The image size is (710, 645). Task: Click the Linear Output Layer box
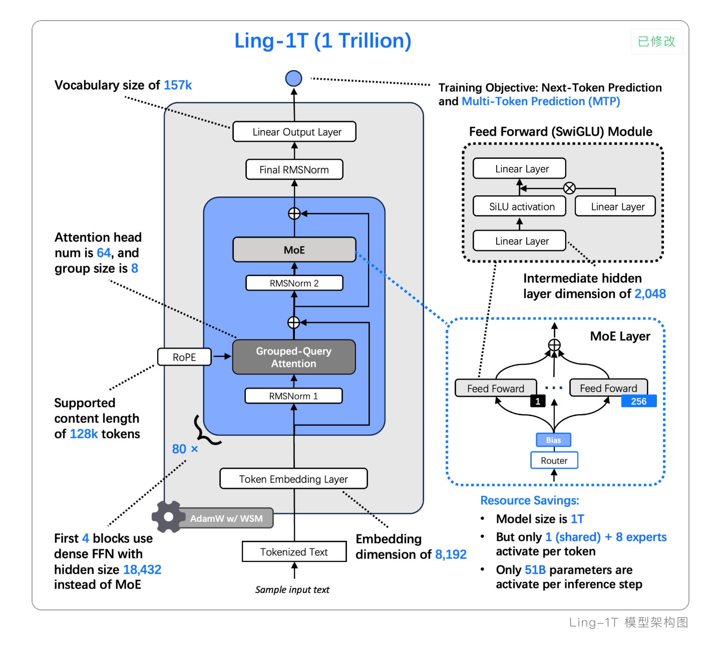tap(294, 132)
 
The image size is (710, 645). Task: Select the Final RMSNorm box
tap(294, 170)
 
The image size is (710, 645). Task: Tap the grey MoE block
tap(294, 250)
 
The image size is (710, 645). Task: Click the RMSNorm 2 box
tap(294, 283)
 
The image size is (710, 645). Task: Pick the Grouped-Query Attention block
tap(294, 357)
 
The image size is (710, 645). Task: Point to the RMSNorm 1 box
tap(293, 396)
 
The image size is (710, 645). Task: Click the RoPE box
tap(184, 357)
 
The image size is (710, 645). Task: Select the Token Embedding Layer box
tap(293, 479)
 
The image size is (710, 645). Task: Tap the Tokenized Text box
tap(294, 552)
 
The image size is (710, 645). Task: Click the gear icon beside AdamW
tap(169, 516)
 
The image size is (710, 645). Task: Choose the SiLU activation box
tap(520, 206)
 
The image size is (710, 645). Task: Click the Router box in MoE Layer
tap(554, 460)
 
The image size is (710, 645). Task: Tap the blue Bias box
tap(553, 440)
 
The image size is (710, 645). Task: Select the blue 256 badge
tap(638, 401)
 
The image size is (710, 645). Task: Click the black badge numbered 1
tap(538, 401)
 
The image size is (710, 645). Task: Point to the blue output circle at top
tap(294, 78)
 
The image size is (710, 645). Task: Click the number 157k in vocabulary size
tap(178, 85)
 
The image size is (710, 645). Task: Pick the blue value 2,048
tap(650, 293)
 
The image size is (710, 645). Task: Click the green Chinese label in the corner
tap(656, 41)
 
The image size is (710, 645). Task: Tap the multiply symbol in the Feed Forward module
tap(569, 188)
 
